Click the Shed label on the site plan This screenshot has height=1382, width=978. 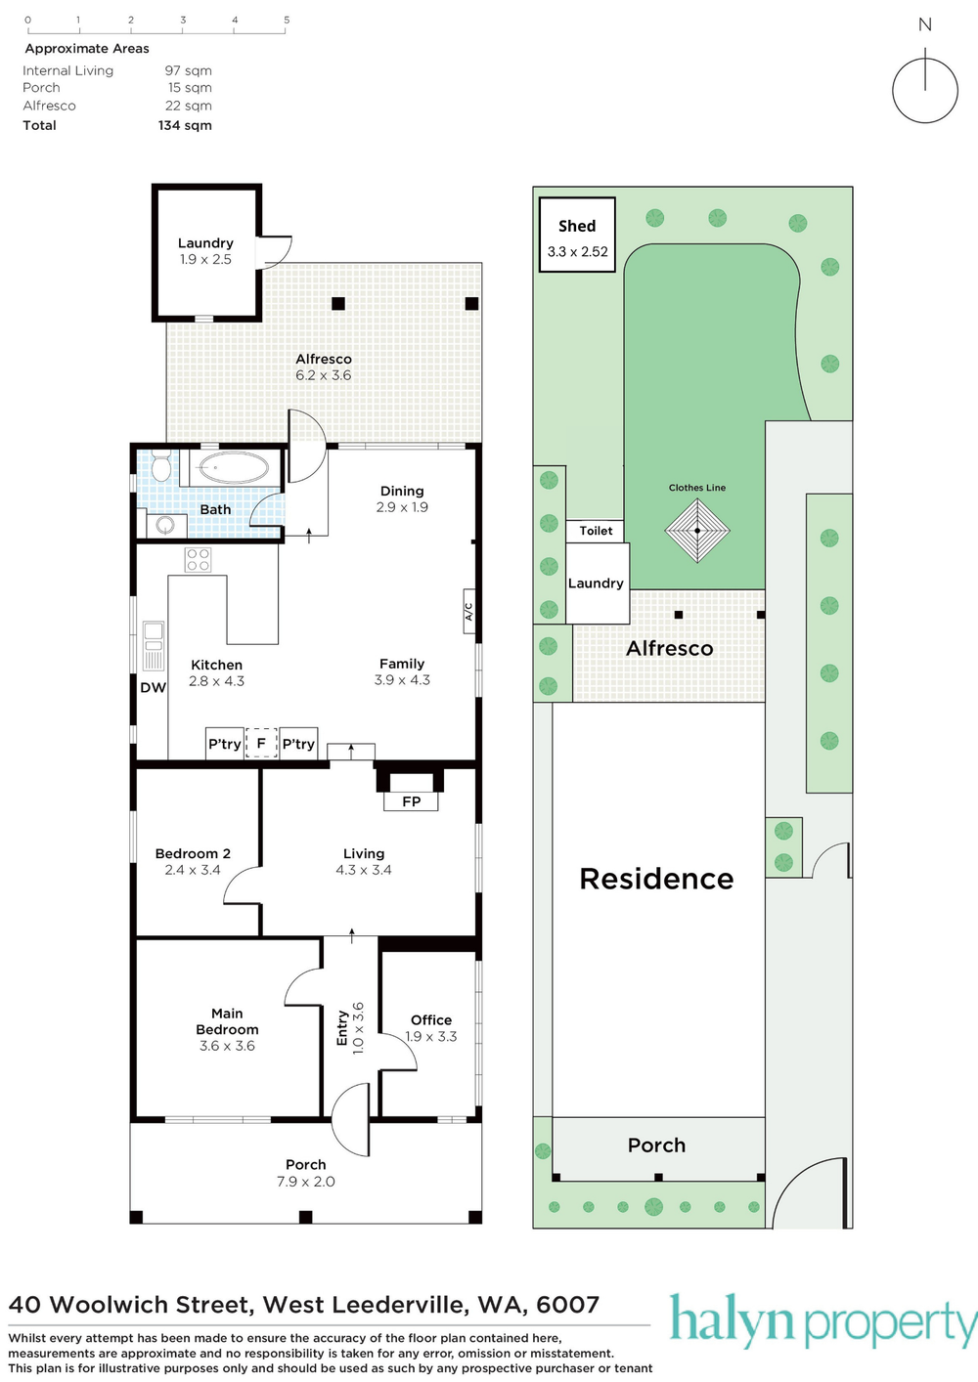[577, 227]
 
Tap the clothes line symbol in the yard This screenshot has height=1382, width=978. [697, 531]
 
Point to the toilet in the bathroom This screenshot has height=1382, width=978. [161, 466]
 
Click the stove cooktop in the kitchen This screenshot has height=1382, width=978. [199, 560]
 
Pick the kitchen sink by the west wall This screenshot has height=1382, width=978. [154, 646]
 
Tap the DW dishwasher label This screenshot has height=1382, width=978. [154, 687]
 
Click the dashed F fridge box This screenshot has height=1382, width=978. [261, 744]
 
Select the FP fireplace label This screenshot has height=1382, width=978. [411, 801]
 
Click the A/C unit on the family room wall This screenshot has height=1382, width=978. [468, 611]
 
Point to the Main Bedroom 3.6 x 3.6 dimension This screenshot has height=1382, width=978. [227, 1046]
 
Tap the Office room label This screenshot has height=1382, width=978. [431, 1019]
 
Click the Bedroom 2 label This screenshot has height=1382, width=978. [193, 853]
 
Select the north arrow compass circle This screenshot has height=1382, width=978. [925, 91]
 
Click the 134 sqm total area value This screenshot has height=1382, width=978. [185, 125]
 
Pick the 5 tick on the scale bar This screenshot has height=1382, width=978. [287, 21]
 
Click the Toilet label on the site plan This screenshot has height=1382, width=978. [596, 531]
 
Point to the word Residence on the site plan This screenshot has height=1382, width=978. [656, 879]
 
